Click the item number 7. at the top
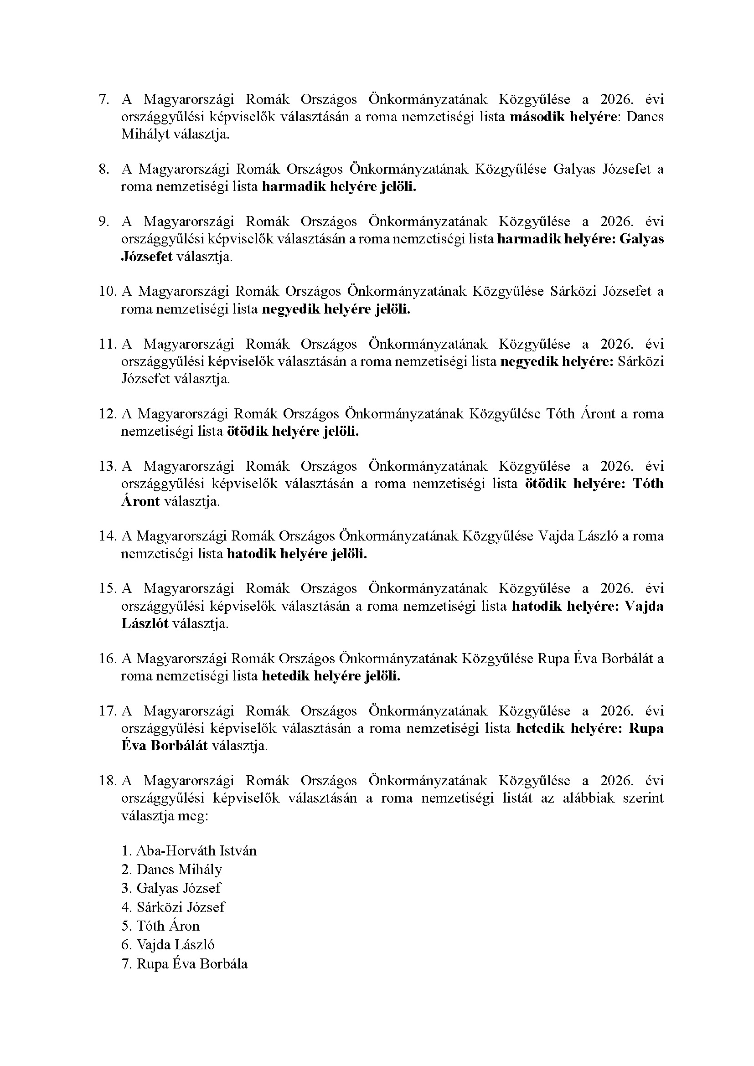(103, 99)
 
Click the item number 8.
(103, 169)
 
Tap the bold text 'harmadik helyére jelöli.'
(339, 187)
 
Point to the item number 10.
(106, 292)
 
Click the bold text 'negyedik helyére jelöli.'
(336, 309)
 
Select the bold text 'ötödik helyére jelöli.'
(293, 432)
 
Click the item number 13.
(106, 466)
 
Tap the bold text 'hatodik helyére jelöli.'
(297, 554)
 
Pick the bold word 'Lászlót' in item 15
(145, 623)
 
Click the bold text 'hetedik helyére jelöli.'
(331, 676)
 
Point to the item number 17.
(106, 711)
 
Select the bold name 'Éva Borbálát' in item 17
(165, 746)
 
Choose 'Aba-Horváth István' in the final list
(196, 851)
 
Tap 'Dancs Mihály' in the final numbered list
(179, 870)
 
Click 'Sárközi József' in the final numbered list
(181, 907)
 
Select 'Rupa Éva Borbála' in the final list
(192, 964)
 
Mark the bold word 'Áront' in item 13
(141, 501)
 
